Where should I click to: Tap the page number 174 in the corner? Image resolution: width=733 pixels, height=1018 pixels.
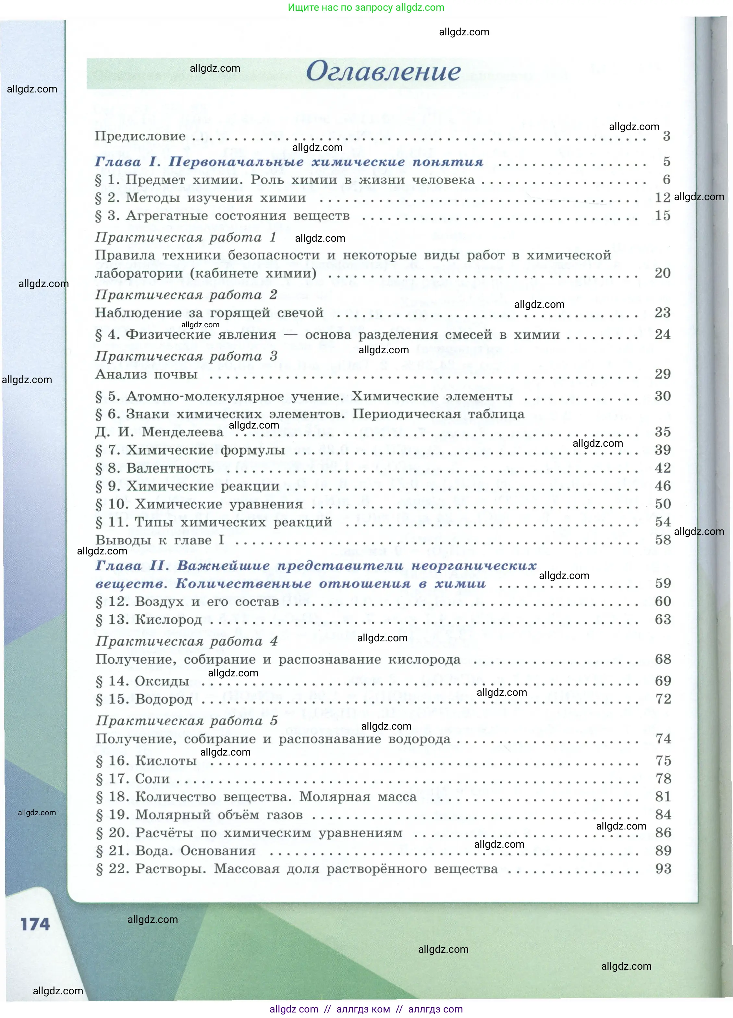[35, 924]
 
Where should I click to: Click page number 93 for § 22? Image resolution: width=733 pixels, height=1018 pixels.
[663, 868]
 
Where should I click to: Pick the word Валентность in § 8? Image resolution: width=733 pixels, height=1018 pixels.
[170, 468]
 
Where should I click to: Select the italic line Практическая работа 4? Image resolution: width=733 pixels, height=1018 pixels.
[186, 641]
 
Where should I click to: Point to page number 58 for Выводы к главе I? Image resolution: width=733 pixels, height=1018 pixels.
[663, 539]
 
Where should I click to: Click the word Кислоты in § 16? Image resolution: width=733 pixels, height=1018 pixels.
[166, 760]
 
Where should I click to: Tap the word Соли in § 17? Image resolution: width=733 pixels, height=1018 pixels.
[153, 779]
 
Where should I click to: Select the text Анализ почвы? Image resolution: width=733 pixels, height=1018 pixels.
[146, 374]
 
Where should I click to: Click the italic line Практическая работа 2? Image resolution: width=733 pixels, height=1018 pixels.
[186, 295]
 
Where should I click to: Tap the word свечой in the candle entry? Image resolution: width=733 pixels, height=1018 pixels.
[300, 312]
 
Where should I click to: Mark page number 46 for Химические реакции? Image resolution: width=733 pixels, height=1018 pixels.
[663, 486]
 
